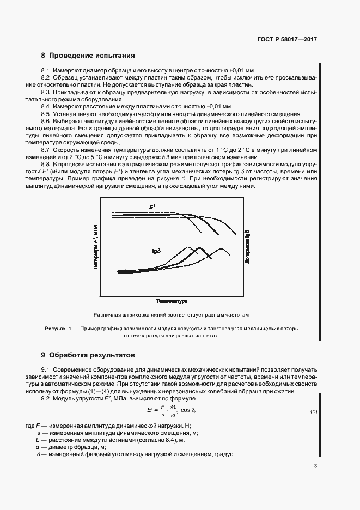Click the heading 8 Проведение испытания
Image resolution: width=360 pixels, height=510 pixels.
(x=88, y=56)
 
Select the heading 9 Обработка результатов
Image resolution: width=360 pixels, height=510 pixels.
(x=88, y=355)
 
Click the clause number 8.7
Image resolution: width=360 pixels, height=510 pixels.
(x=46, y=149)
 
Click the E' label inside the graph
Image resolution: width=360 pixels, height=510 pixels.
(x=152, y=207)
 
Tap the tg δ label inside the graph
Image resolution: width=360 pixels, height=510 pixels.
(x=157, y=251)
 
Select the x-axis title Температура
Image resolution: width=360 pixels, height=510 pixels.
(x=172, y=301)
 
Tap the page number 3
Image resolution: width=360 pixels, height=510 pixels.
(x=315, y=466)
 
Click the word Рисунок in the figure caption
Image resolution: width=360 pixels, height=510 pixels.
(x=55, y=329)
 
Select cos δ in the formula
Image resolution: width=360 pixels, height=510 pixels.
(x=186, y=411)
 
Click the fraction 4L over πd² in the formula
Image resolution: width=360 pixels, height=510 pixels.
(x=172, y=411)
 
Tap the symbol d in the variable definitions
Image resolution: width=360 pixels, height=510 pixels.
(x=38, y=446)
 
